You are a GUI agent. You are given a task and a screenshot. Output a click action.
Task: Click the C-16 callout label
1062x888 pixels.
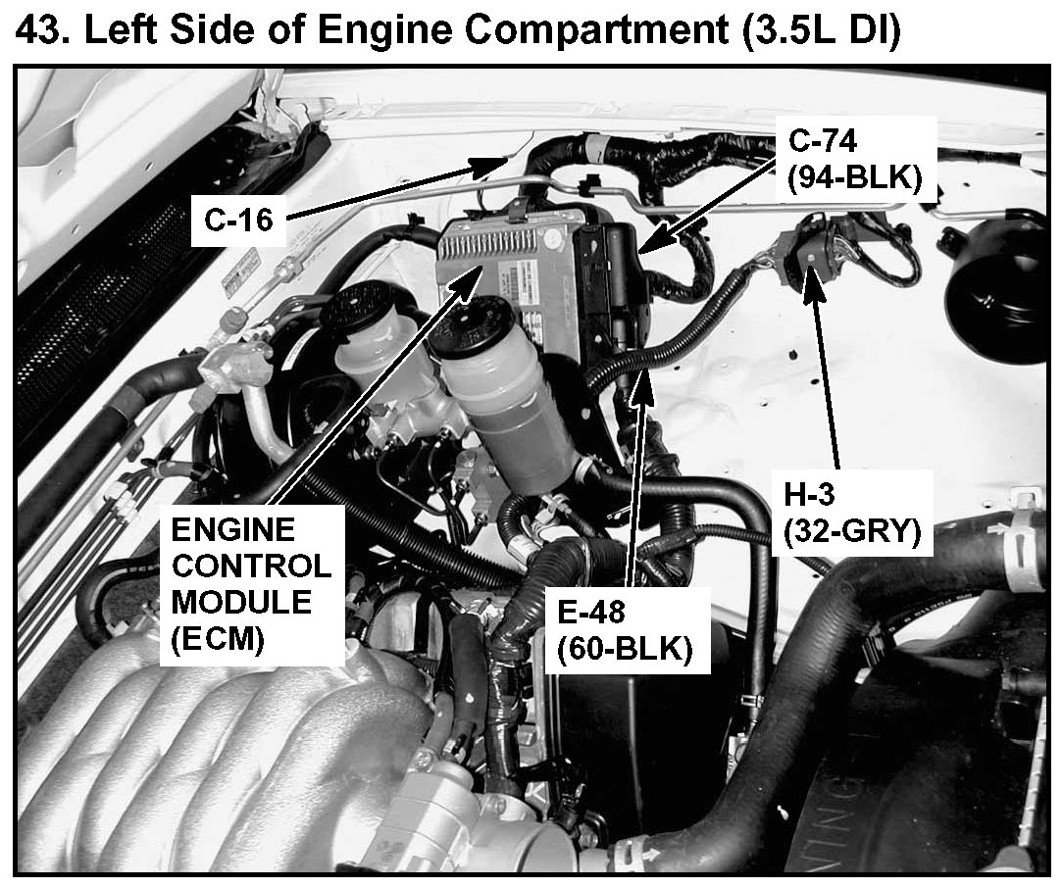tap(237, 220)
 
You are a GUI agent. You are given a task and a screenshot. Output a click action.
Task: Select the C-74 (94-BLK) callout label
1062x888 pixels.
tap(856, 160)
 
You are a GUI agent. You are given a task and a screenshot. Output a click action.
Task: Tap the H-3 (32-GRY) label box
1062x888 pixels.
tap(852, 514)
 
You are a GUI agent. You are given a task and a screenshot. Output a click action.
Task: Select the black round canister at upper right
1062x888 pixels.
tap(993, 283)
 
